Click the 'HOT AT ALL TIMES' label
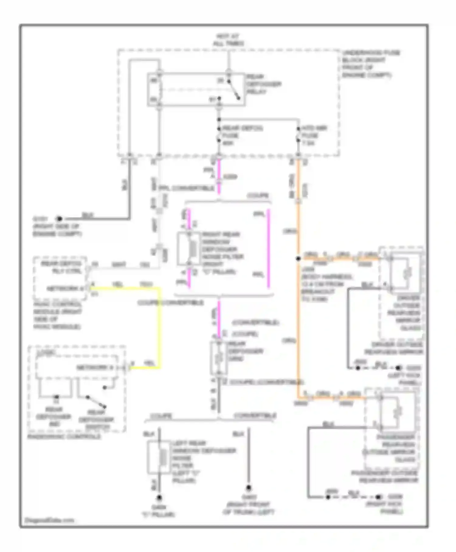click(x=228, y=40)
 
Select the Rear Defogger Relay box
click(x=196, y=89)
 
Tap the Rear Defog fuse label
click(x=242, y=135)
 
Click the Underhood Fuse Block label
click(x=371, y=64)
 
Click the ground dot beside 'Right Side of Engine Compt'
click(x=59, y=218)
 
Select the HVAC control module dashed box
click(x=60, y=278)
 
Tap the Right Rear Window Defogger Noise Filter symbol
click(x=189, y=249)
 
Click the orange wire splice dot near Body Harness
click(x=298, y=259)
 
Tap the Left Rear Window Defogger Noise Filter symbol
click(x=158, y=457)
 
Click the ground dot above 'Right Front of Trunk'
click(x=248, y=488)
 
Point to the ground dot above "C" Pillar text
click(x=159, y=498)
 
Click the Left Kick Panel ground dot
click(x=398, y=368)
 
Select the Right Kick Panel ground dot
click(x=378, y=497)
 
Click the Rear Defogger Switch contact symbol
click(x=96, y=402)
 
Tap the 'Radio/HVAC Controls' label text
click(x=64, y=436)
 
